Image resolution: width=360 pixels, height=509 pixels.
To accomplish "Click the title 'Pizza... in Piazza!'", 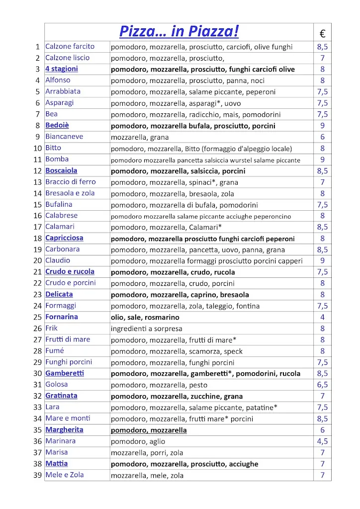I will pos(179,31).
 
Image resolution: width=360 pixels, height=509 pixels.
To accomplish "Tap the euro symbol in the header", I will pos(322,34).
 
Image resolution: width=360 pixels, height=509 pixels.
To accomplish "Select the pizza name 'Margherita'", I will pos(64,430).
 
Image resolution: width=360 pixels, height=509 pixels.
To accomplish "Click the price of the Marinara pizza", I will pos(322,441).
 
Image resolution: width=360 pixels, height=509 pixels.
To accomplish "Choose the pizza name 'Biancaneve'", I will pos(64,137).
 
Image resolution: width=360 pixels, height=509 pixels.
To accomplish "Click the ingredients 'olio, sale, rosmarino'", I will pos(145,317).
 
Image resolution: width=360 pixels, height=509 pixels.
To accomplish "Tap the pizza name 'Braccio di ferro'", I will pos(71,182).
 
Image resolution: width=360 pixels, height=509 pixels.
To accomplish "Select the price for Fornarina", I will pos(322,317).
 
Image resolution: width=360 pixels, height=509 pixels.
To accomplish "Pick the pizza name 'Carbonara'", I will pos(62,250).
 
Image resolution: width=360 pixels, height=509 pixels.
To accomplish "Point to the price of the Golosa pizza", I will pos(322,385).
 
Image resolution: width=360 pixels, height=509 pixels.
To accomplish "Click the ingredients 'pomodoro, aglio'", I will pos(138,441).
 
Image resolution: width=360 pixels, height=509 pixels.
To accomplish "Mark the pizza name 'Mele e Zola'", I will pos(65,475).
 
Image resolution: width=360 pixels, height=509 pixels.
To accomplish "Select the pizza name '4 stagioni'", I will pos(62,69).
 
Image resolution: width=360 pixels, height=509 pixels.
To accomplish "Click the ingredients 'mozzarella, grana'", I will pos(140,137).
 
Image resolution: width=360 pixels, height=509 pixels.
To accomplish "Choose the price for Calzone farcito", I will pos(322,47).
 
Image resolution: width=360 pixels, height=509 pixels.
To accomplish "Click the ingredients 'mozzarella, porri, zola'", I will pos(148,453).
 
